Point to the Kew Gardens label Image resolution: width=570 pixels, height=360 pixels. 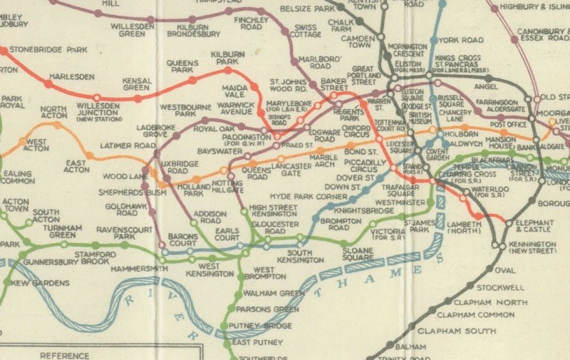(x=37, y=284)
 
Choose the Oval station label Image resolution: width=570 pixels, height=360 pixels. (x=504, y=270)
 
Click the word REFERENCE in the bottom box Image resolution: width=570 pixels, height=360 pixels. (x=65, y=355)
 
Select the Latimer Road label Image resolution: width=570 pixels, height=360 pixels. (x=128, y=145)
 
